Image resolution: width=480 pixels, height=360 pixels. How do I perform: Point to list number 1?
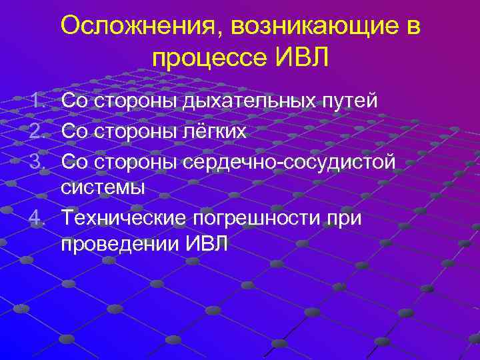[38, 101]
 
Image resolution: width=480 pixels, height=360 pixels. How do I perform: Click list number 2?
[38, 131]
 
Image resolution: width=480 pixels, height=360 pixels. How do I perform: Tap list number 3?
[38, 161]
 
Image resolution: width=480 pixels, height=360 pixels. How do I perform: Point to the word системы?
[103, 187]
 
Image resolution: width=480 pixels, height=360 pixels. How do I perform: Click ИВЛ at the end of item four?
[206, 244]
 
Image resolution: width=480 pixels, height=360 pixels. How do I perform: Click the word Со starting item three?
[74, 161]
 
